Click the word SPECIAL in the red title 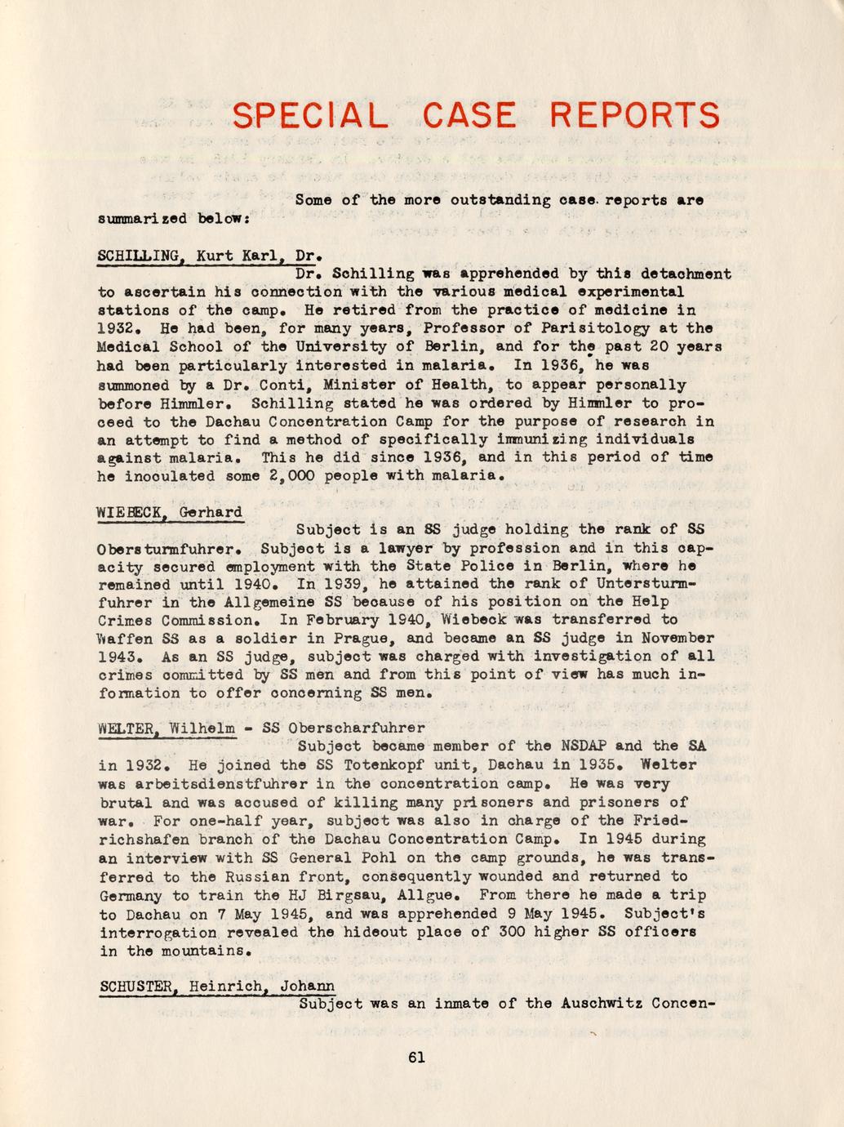pyautogui.click(x=309, y=116)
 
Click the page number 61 pyautogui.click(x=416, y=1058)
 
